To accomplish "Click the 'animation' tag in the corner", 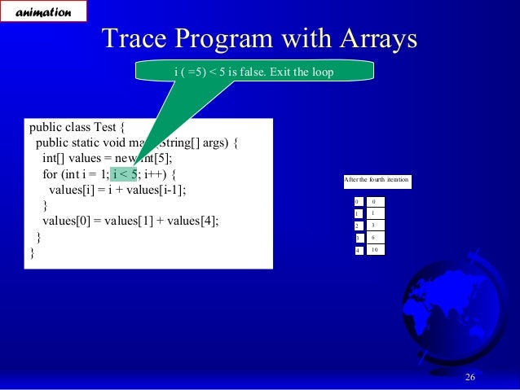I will pyautogui.click(x=42, y=11).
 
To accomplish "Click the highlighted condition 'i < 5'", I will pyautogui.click(x=125, y=174).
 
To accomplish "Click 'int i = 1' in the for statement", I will pyautogui.click(x=86, y=174).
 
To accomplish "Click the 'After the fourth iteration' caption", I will pyautogui.click(x=377, y=180).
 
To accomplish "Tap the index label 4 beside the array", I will pyautogui.click(x=357, y=250).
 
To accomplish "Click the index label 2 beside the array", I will pyautogui.click(x=357, y=225).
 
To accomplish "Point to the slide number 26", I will pyautogui.click(x=469, y=375).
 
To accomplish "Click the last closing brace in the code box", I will pyautogui.click(x=33, y=252).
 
